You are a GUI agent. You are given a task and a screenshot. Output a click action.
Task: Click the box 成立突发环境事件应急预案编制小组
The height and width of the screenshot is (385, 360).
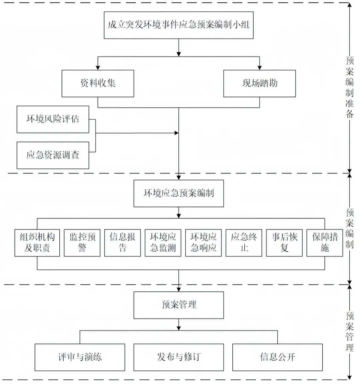pos(179,25)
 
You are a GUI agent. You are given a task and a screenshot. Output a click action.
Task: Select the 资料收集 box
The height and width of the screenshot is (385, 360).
pos(98,84)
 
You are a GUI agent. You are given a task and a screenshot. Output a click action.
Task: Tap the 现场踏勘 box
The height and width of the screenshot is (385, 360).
pos(259,84)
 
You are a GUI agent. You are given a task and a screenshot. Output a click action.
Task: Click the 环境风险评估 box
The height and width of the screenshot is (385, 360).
pos(53,119)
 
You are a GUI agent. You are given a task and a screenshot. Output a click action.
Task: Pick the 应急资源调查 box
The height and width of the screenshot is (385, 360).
pos(53,155)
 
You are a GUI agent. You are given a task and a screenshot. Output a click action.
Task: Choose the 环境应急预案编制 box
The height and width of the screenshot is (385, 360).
pos(179,193)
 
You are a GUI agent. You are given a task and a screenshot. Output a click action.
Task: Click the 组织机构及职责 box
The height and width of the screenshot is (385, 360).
pos(37,243)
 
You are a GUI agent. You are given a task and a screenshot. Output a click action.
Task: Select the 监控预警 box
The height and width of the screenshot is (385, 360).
pos(82,243)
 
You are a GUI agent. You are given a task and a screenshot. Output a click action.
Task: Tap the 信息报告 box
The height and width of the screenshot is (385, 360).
pos(123,243)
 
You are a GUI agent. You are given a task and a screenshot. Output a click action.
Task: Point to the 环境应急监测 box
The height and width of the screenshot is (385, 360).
pos(163,243)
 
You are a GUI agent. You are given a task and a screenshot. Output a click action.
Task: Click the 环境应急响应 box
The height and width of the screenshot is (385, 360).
pos(203,243)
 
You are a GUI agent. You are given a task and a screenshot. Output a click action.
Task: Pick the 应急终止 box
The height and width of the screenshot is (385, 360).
pos(244,243)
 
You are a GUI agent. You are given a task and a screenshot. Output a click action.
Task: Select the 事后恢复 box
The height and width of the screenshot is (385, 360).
pos(284,243)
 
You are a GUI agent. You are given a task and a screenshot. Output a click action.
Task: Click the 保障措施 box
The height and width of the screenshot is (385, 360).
pos(325,243)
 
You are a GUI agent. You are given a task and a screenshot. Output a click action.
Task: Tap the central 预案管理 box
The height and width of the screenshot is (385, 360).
pos(179,305)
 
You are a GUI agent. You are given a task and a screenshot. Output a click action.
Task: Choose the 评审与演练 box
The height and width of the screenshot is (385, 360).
pos(80,357)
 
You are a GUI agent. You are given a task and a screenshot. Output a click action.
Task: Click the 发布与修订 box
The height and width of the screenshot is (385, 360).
pos(179,357)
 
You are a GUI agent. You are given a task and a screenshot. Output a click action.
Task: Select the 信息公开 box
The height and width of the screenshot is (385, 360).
pos(277,357)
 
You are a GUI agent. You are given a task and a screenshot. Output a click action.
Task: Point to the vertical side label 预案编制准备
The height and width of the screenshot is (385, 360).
pos(349,87)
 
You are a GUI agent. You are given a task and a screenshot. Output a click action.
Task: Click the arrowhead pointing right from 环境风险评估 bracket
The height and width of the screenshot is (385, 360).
pos(177,133)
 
